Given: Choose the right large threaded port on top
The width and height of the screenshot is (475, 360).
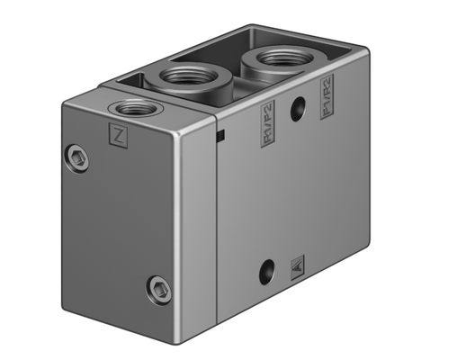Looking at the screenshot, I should pyautogui.click(x=272, y=58).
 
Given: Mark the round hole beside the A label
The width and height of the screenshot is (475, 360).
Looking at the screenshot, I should pyautogui.click(x=265, y=269).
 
